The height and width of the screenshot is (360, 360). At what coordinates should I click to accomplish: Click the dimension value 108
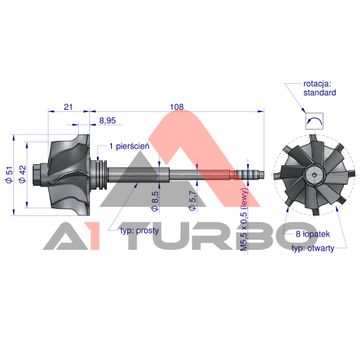click(177, 107)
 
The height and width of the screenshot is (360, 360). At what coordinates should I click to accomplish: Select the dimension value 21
click(68, 107)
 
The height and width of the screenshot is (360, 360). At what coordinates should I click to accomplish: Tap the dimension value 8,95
click(107, 121)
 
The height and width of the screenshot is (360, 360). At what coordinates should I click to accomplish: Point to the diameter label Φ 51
click(9, 175)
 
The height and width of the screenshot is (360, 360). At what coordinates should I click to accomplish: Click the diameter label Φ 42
click(23, 175)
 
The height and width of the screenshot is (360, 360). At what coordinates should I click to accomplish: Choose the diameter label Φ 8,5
click(155, 202)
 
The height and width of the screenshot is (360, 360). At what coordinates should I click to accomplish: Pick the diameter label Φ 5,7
click(192, 202)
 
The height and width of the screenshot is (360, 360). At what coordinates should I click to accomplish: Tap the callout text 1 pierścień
click(129, 146)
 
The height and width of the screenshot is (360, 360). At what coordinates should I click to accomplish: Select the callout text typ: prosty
click(139, 231)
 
